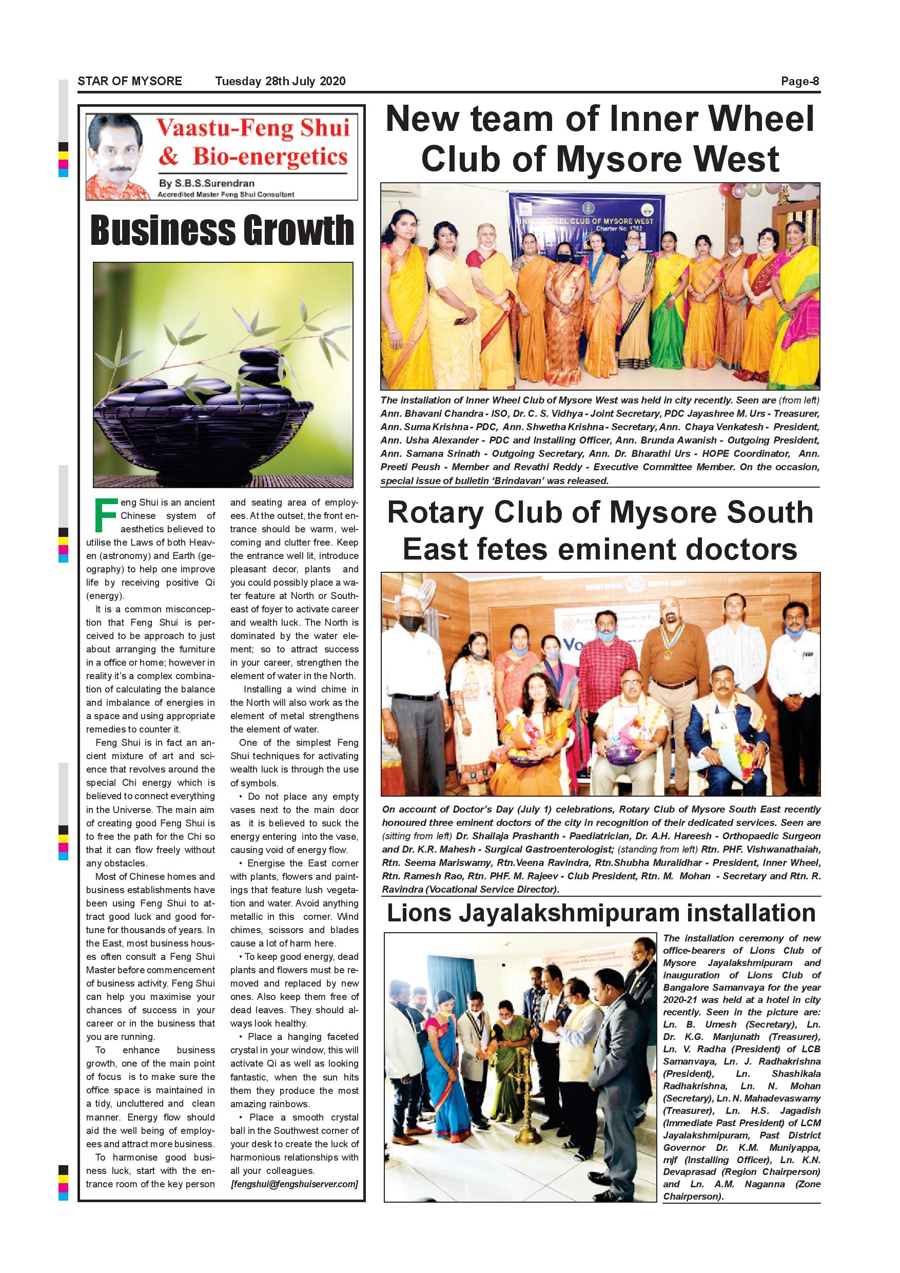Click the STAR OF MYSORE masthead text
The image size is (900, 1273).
(130, 81)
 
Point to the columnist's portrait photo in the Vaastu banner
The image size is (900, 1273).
(118, 157)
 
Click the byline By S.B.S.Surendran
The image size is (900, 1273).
(206, 183)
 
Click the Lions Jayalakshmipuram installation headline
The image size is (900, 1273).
(601, 913)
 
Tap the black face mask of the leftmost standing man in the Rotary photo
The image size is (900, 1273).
(410, 623)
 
